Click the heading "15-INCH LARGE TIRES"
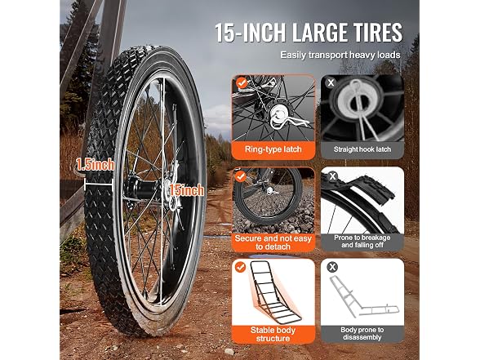[309, 33]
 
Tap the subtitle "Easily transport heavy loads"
[340, 56]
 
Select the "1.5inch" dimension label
[96, 164]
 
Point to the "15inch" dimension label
[186, 190]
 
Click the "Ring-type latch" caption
[273, 149]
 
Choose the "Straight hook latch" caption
[362, 149]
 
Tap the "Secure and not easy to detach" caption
[273, 242]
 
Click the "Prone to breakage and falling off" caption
[362, 242]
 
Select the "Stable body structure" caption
[273, 335]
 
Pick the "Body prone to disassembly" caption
[362, 334]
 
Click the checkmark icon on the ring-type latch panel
[242, 82]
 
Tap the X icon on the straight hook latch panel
[331, 82]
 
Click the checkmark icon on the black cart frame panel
[241, 267]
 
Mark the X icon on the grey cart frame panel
[332, 267]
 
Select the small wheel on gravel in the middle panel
[268, 196]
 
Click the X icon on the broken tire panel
[332, 176]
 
